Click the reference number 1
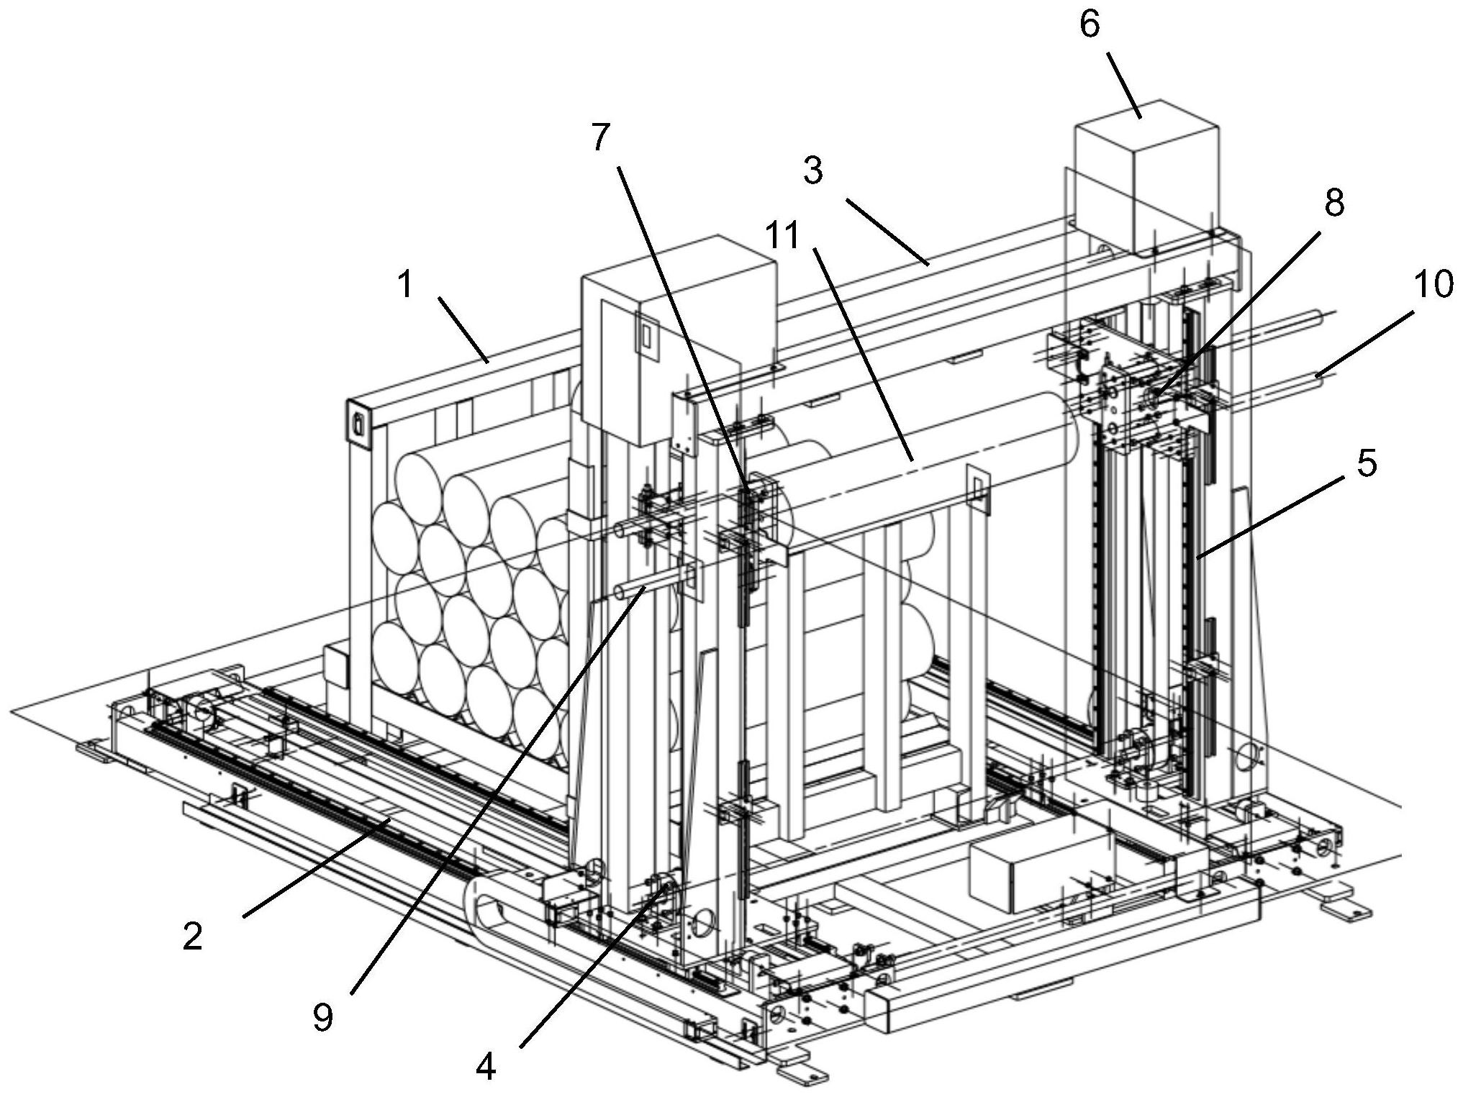click(x=407, y=286)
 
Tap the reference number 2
click(x=192, y=936)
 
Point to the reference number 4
click(x=486, y=1066)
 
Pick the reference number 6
click(x=1090, y=25)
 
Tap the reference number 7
click(x=601, y=137)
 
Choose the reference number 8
click(x=1334, y=204)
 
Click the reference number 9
click(x=323, y=1016)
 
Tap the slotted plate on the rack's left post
click(x=358, y=426)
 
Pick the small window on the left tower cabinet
click(x=646, y=335)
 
